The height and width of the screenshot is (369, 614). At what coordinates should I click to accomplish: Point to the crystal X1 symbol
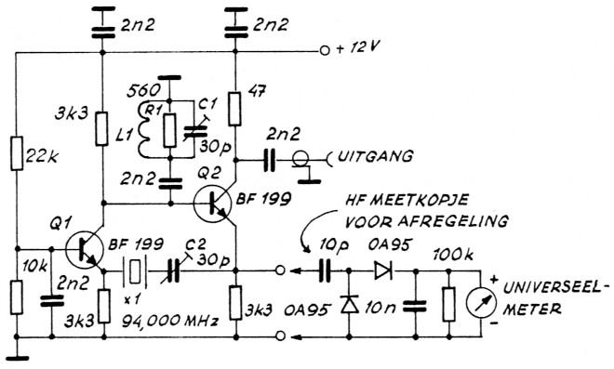tap(134, 274)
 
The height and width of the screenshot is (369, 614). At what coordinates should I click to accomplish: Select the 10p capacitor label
tap(328, 247)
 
